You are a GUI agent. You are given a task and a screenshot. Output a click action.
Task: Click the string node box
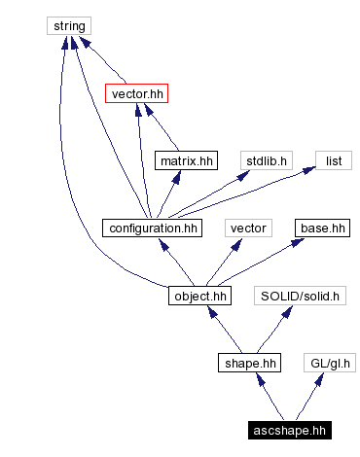pos(69,25)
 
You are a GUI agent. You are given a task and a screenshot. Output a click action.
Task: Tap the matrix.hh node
pos(185,160)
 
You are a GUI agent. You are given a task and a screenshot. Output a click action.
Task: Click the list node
pos(332,160)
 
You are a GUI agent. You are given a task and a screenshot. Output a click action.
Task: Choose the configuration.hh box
pos(151,228)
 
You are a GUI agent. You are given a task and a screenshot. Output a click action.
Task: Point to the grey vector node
pos(247,228)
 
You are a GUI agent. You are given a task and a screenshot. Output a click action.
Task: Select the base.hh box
pos(322,228)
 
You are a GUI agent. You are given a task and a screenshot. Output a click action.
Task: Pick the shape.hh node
pos(248,364)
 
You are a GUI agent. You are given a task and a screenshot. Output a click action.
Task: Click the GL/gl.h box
pos(329,364)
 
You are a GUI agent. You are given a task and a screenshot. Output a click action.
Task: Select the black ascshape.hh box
pos(289,430)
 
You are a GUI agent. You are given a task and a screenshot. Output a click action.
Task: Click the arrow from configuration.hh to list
pos(243,194)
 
